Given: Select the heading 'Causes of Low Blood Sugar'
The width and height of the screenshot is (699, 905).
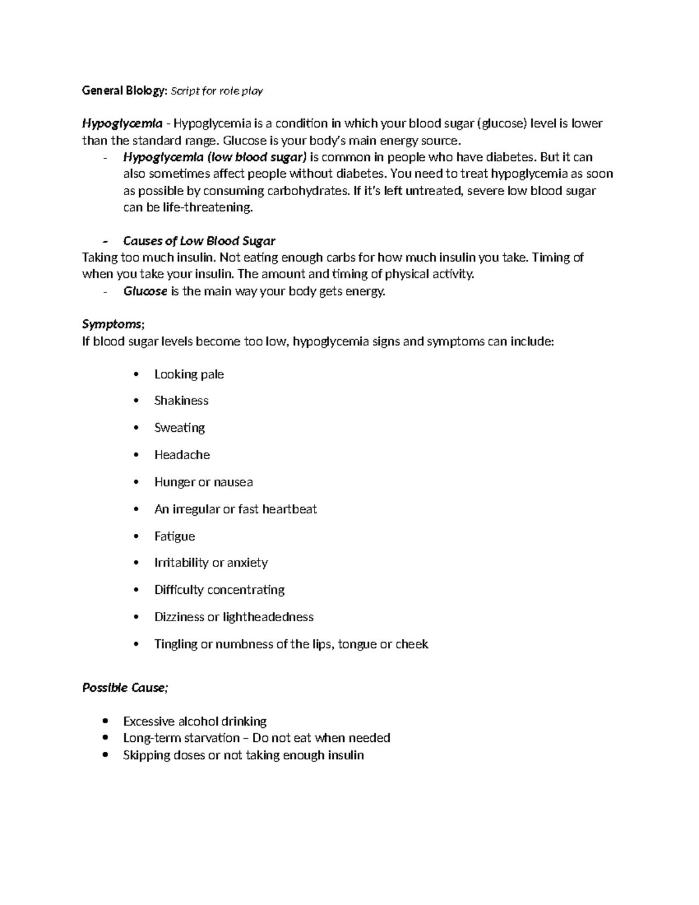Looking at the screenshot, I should coord(199,241).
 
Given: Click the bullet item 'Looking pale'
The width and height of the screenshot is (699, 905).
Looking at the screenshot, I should coord(189,374).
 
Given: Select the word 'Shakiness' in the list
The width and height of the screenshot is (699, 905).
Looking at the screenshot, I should coord(181,400).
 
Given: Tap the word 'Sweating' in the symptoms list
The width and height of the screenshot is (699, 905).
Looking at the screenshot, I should coord(179,428).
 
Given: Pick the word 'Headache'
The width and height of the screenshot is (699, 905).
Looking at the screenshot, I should coord(182,455).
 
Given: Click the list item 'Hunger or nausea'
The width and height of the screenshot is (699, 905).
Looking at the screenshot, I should coord(203,482).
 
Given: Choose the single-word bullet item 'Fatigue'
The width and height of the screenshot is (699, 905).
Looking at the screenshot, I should coord(175,536).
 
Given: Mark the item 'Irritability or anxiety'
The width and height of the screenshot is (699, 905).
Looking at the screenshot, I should coord(211,562).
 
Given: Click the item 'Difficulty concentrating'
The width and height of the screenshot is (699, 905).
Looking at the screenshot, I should coord(219,590).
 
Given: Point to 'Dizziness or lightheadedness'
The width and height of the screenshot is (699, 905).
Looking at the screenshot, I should coord(234,617).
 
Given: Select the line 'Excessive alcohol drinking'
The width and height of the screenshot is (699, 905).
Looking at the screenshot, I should coord(195,721).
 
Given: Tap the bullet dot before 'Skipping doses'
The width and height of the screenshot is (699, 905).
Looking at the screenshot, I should coord(105,755).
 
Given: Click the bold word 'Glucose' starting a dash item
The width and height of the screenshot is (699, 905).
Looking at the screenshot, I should coord(146,291).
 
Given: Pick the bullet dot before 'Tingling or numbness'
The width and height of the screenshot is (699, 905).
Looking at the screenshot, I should coord(136,644).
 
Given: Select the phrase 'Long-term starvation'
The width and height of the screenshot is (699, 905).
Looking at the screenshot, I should coord(181,738).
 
